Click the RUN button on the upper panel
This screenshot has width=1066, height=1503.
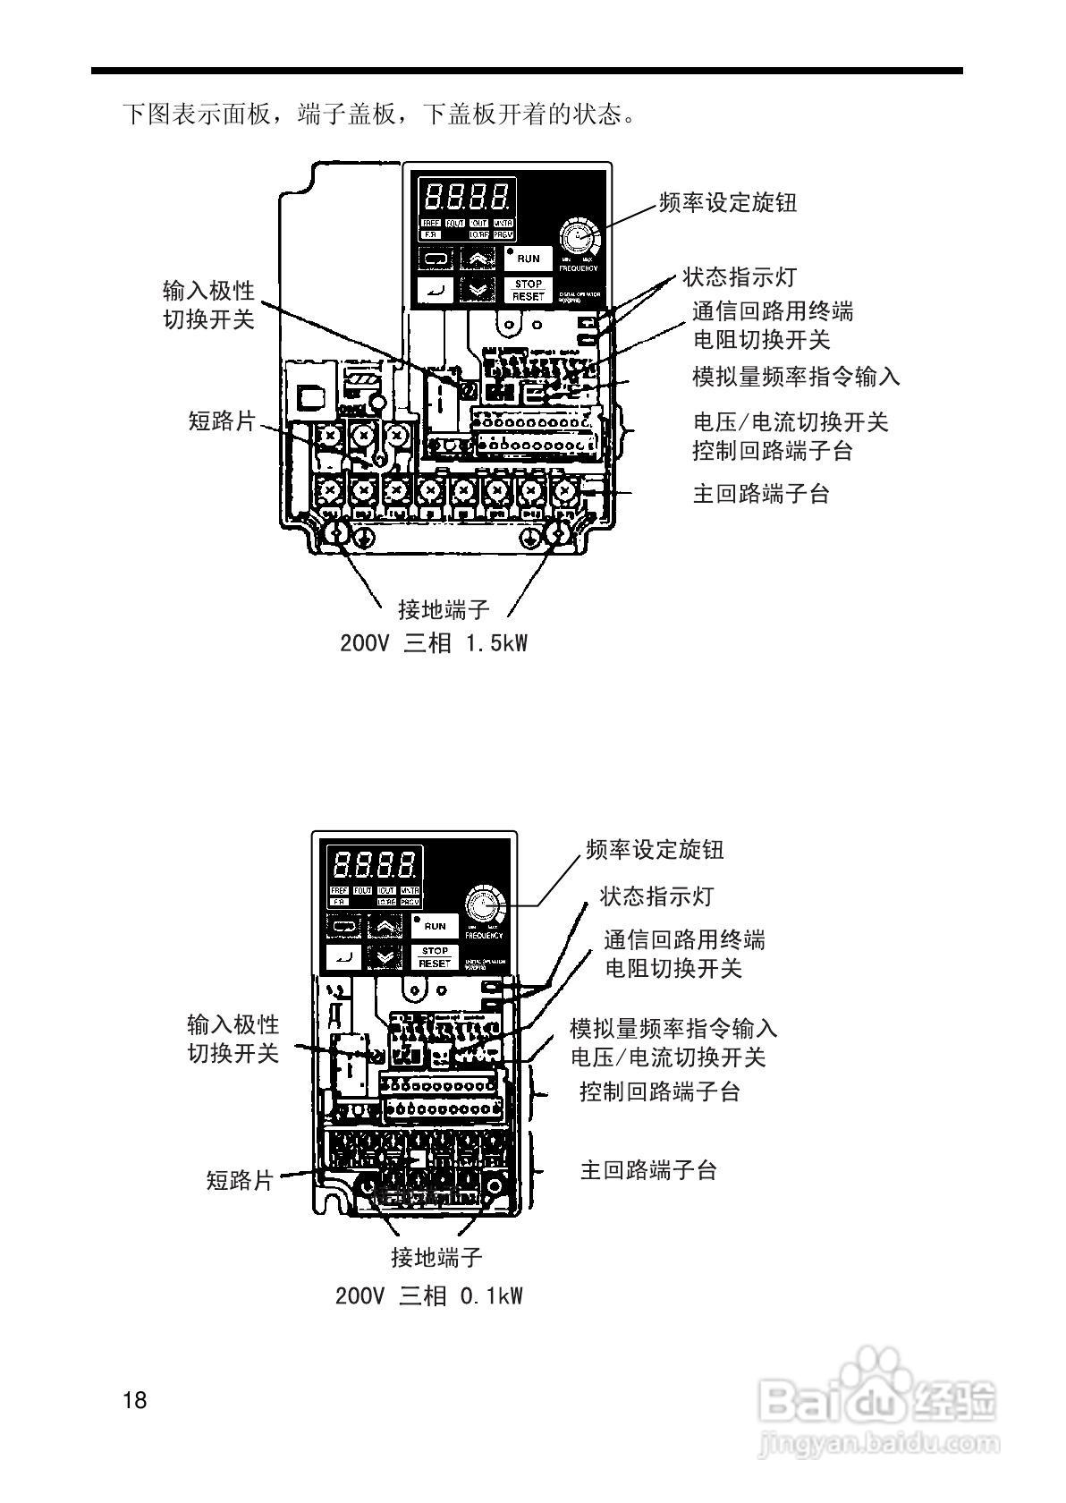[529, 259]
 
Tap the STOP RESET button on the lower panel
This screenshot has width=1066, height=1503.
[435, 956]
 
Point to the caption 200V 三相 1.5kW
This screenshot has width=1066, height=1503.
[434, 642]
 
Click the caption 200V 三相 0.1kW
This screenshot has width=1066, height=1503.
[429, 1295]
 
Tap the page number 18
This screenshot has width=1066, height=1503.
[135, 1399]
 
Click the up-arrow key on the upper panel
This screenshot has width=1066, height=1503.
[480, 259]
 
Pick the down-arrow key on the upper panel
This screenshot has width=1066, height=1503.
[480, 289]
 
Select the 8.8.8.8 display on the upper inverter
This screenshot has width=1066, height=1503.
[468, 194]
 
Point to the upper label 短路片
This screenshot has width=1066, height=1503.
[222, 420]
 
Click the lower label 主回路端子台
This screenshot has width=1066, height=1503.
[648, 1170]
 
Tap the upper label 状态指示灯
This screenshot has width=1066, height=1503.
[739, 276]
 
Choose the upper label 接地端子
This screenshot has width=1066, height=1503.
[444, 609]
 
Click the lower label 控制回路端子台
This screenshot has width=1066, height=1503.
[660, 1091]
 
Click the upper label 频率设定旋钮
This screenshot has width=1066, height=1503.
[727, 202]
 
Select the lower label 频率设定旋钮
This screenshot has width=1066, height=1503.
[655, 849]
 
